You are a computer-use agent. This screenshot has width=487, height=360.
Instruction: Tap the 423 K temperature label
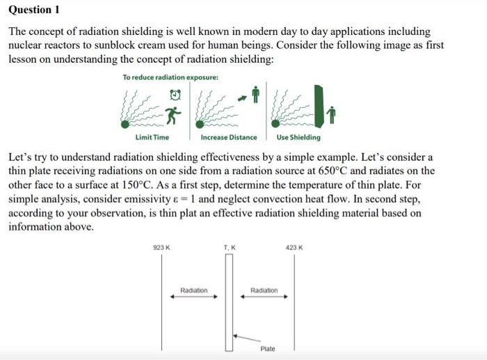[294, 247]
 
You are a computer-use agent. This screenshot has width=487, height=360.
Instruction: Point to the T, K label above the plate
[230, 247]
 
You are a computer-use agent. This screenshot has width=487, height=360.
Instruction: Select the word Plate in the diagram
[268, 348]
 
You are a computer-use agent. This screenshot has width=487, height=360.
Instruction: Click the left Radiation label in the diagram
[193, 290]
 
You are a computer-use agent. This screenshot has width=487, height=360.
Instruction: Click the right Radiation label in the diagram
[264, 290]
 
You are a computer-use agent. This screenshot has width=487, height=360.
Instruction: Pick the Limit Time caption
[152, 137]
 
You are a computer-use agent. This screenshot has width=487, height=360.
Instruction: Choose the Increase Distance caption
[228, 137]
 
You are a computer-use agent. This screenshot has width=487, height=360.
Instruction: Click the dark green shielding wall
[319, 106]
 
